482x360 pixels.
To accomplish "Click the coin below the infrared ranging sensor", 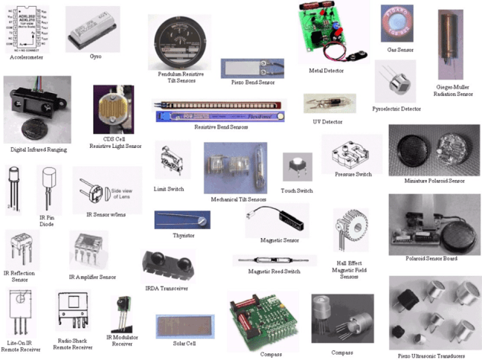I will tap(34, 119).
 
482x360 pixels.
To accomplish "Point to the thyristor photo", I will tap(181, 219).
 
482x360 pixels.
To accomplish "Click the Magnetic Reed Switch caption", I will tap(274, 271).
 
